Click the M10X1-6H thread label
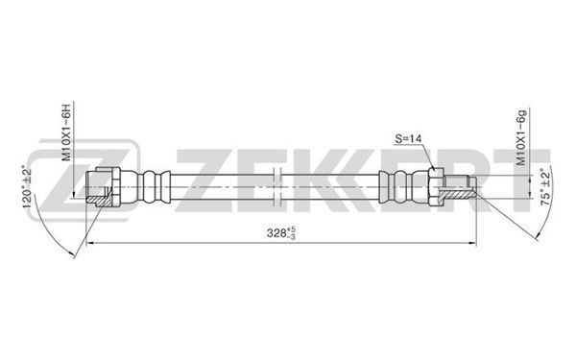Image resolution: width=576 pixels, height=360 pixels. [x=65, y=132]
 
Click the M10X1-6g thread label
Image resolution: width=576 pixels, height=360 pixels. [x=521, y=137]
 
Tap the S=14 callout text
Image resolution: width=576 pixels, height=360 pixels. [x=408, y=139]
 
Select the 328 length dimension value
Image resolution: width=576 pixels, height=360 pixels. [x=274, y=232]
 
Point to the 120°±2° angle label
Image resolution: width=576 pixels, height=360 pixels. [x=27, y=188]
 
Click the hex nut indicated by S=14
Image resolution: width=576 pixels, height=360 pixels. [x=436, y=186]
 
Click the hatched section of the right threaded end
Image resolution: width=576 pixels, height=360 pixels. [x=456, y=194]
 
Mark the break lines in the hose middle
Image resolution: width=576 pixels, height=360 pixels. [x=277, y=186]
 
